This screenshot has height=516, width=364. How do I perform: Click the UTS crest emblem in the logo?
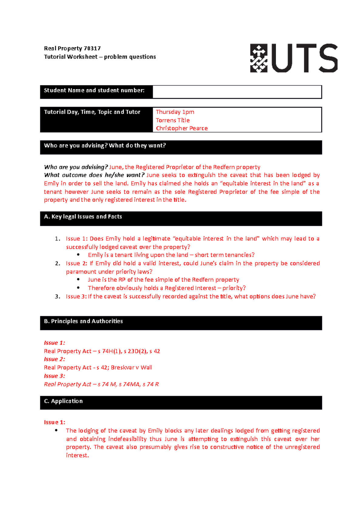(x=258, y=58)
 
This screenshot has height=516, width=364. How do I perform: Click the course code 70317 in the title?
(x=92, y=49)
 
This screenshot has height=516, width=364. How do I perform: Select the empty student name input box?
(x=237, y=92)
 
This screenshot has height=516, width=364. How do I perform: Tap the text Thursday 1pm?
(x=175, y=112)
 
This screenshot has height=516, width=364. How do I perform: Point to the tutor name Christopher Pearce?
(x=182, y=129)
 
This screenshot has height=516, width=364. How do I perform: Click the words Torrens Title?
(x=173, y=120)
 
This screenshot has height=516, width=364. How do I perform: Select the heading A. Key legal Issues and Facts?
(x=83, y=217)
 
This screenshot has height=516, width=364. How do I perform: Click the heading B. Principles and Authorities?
(x=83, y=321)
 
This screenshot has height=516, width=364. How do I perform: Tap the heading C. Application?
(x=63, y=401)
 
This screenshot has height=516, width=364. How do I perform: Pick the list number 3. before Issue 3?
(x=57, y=297)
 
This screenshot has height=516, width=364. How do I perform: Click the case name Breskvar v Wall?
(x=131, y=368)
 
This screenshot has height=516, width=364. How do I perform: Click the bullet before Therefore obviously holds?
(x=79, y=288)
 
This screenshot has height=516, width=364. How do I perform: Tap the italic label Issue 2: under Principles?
(x=54, y=359)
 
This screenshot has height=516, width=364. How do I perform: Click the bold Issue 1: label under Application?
(x=55, y=422)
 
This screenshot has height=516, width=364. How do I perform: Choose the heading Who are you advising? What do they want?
(x=105, y=146)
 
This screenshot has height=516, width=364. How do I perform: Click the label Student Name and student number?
(x=94, y=91)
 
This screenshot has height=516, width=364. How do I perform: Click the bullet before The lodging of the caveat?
(x=56, y=430)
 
